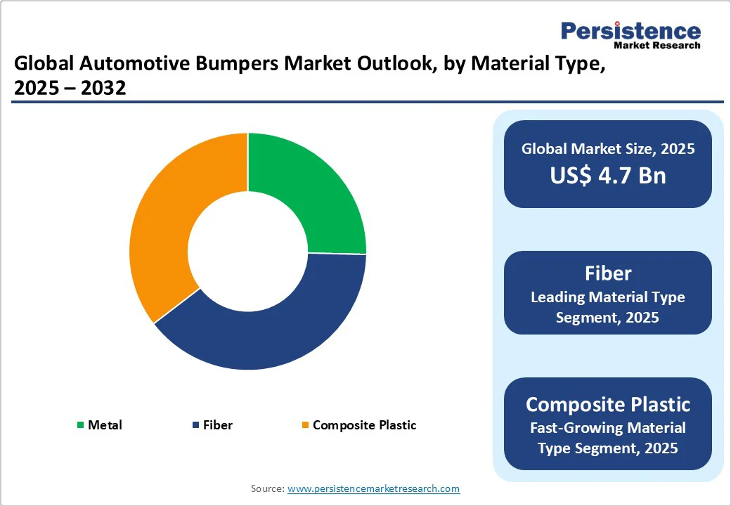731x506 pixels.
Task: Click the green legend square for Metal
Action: [80, 425]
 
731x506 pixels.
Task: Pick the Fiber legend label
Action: [217, 425]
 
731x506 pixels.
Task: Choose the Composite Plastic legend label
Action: [364, 425]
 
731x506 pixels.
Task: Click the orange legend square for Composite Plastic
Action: [304, 425]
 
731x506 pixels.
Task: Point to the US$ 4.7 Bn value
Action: [607, 175]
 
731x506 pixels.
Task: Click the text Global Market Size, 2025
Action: [607, 148]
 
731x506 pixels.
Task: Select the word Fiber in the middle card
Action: [607, 273]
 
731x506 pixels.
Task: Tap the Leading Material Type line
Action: [607, 297]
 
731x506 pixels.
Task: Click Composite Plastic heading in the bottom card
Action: [607, 404]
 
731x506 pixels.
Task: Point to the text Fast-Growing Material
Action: [607, 427]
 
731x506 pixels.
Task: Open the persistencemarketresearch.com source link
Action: [373, 488]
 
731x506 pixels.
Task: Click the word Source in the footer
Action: [267, 488]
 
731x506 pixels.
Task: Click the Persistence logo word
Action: [630, 31]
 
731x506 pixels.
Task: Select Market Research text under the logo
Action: [656, 46]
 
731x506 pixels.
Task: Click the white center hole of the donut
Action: [247, 251]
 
